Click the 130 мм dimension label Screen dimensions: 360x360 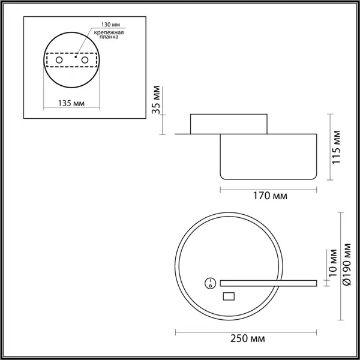coord(110,25)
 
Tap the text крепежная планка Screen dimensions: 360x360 coord(109,35)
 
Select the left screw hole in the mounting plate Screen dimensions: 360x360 coord(59,60)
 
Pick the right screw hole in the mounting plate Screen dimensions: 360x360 coord(85,60)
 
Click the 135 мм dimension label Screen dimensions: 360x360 coord(71,103)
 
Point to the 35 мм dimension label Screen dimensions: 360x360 coord(156,100)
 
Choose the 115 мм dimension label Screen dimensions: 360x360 coord(337,147)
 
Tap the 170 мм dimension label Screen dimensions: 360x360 coord(270,196)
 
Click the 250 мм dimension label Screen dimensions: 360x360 coord(247,339)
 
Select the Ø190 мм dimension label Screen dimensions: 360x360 coord(347,264)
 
